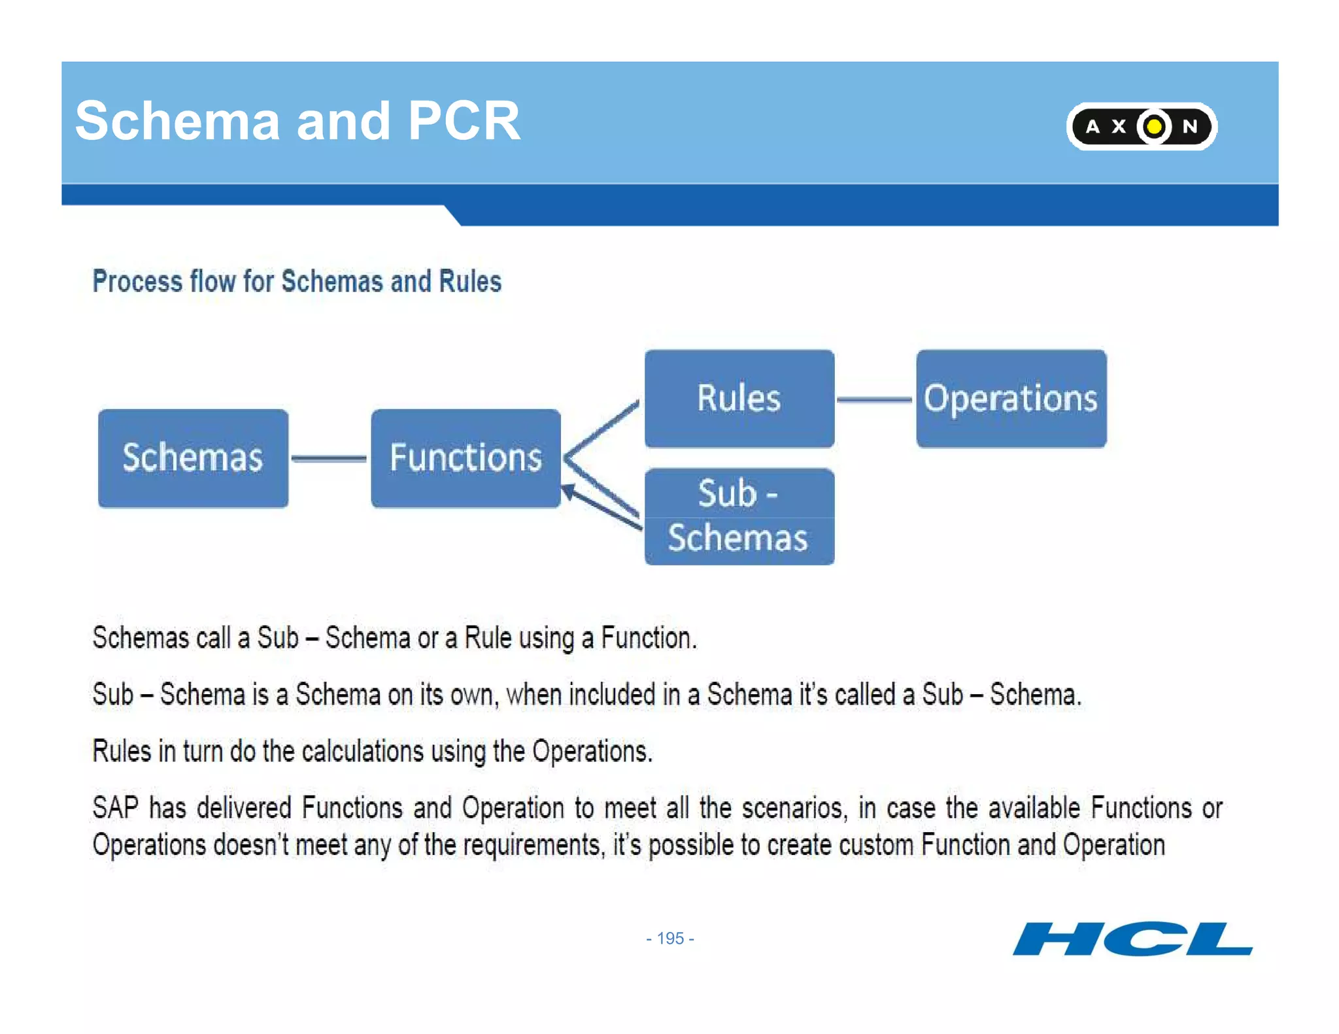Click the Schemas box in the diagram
click(193, 458)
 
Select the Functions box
click(466, 458)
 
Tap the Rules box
click(739, 399)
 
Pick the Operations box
click(1011, 399)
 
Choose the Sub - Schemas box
click(739, 516)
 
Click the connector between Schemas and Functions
click(329, 459)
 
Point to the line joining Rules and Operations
click(875, 399)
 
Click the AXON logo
click(1141, 126)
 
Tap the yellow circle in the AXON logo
click(1155, 126)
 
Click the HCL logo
click(1132, 939)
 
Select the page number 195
click(670, 939)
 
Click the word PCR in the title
click(464, 121)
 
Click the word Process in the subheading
click(137, 282)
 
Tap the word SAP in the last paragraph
click(115, 808)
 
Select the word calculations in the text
click(362, 752)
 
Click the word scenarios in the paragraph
click(794, 808)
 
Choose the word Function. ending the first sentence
click(649, 638)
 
